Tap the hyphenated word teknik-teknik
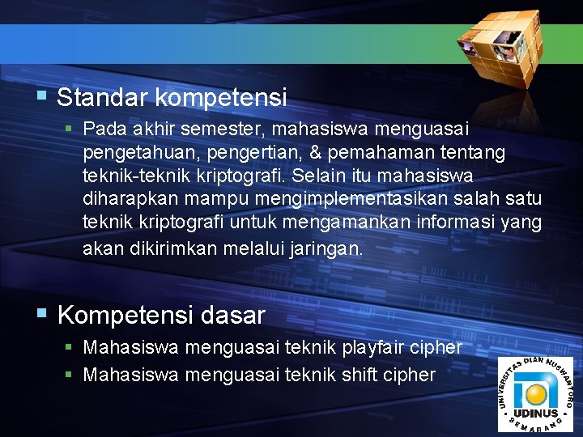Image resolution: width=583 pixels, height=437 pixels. [130, 176]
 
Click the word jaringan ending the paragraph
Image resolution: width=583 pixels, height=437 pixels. [325, 248]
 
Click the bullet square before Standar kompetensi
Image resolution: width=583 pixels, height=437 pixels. [42, 98]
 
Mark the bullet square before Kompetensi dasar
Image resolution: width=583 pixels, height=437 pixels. [42, 314]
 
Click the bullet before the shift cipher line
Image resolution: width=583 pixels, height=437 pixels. [70, 375]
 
